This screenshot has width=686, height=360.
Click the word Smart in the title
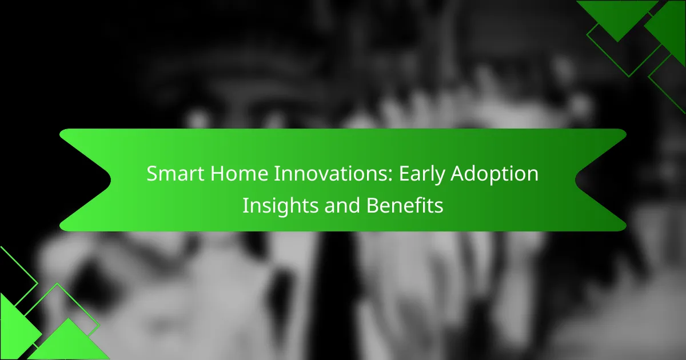(x=176, y=174)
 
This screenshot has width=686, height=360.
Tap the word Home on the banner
(x=239, y=174)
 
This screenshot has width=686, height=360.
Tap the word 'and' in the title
(x=342, y=205)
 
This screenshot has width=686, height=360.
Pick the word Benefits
(x=405, y=205)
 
